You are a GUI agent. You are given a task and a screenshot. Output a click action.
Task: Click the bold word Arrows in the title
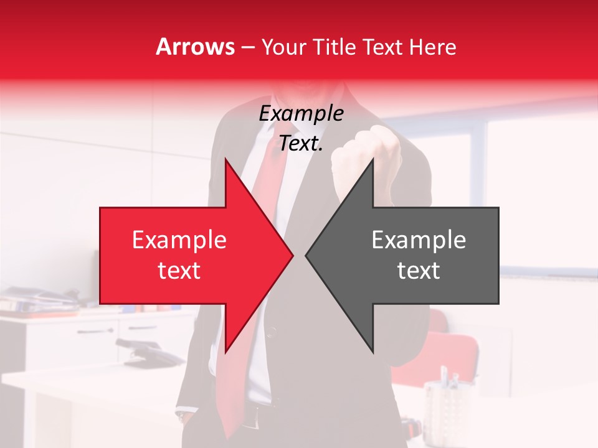pyautogui.click(x=196, y=47)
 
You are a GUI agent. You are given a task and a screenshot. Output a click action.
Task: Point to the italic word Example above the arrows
pyautogui.click(x=301, y=113)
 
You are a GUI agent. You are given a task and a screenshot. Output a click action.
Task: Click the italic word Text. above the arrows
pyautogui.click(x=301, y=144)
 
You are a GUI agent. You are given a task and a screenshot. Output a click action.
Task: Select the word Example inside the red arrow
pyautogui.click(x=179, y=240)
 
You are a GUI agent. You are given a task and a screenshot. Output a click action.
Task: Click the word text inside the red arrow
pyautogui.click(x=179, y=271)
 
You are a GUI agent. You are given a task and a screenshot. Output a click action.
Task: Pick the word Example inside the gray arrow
pyautogui.click(x=419, y=240)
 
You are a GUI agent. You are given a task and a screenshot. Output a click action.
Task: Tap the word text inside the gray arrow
pyautogui.click(x=419, y=271)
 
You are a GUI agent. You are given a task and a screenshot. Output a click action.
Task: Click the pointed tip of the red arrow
pyautogui.click(x=292, y=255)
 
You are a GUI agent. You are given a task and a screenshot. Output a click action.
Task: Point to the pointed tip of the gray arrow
pyautogui.click(x=306, y=255)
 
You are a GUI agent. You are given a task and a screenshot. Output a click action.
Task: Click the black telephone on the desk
pyautogui.click(x=149, y=355)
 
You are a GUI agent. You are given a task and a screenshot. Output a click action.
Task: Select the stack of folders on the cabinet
pyautogui.click(x=37, y=302)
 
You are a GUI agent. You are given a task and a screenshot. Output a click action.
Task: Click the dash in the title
pyautogui.click(x=247, y=47)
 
